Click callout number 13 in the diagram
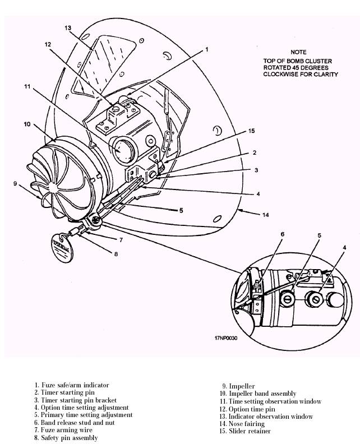click(x=68, y=27)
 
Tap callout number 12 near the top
click(x=48, y=44)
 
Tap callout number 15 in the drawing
click(x=252, y=131)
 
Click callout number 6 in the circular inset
click(x=283, y=234)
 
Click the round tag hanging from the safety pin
click(x=60, y=249)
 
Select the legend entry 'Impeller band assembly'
click(x=259, y=394)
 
